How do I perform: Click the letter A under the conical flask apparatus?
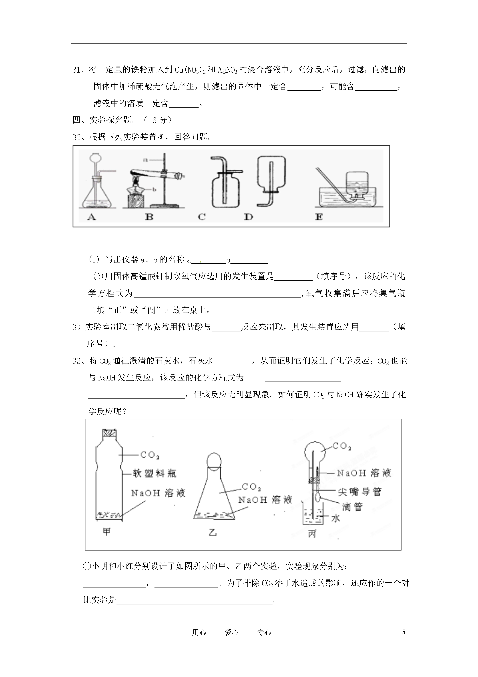click(x=92, y=217)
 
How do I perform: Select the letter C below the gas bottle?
click(x=202, y=217)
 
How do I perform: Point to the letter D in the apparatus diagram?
click(x=248, y=217)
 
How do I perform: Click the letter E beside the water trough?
click(x=319, y=217)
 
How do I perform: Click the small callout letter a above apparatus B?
click(x=145, y=160)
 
